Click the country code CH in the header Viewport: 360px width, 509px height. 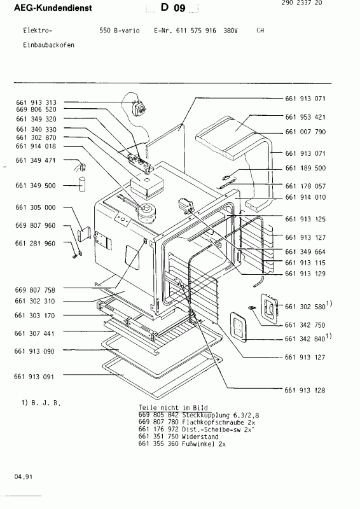(260, 31)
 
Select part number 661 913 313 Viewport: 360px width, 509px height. (36, 102)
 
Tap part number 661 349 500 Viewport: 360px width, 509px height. (36, 185)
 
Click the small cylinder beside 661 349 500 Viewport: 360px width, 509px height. (81, 185)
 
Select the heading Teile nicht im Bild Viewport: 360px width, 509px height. (169, 406)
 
